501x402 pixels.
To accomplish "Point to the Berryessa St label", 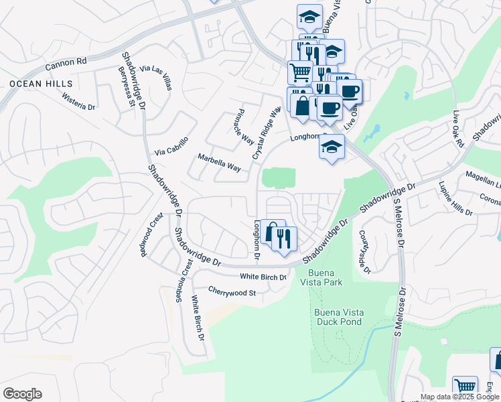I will [x=127, y=87].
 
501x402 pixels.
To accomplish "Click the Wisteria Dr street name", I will [x=79, y=100].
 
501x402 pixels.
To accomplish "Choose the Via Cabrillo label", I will [x=171, y=145].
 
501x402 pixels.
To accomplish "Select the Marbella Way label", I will [x=219, y=162].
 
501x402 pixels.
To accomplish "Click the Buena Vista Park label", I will [x=325, y=277].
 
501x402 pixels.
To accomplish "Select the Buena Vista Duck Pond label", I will [x=338, y=317].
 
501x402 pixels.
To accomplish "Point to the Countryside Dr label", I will [x=365, y=252].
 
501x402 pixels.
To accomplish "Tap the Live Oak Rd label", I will [x=458, y=130].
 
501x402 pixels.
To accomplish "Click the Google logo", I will [x=22, y=394].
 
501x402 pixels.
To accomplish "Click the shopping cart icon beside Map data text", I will [x=465, y=387].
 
